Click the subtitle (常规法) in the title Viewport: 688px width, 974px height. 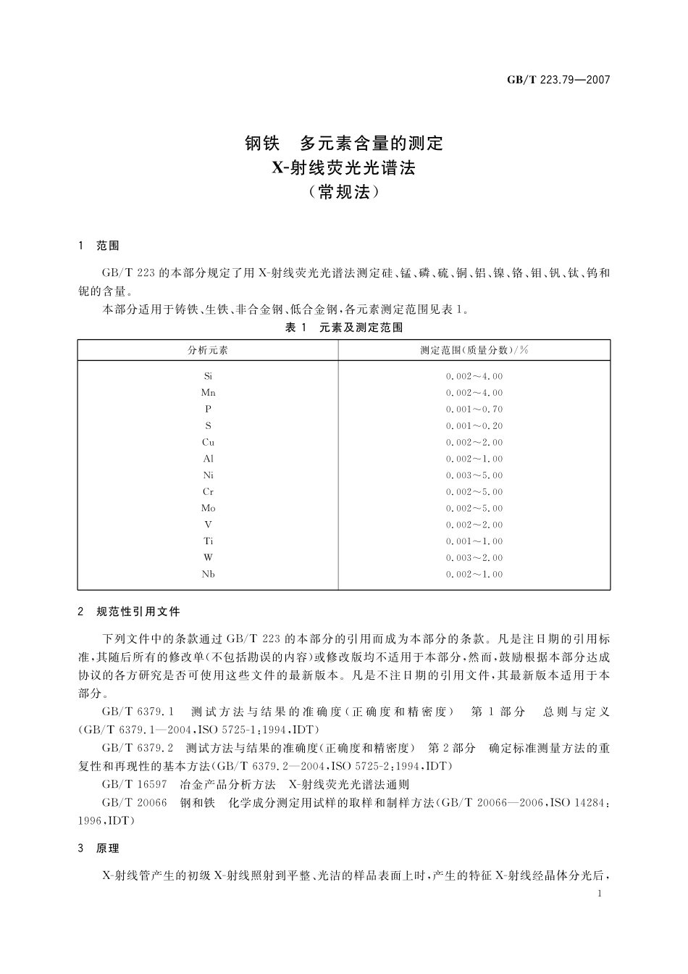344,193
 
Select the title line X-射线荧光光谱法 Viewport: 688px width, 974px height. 344,168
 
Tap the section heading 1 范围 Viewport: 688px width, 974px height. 98,246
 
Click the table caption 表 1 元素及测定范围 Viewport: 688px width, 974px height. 344,328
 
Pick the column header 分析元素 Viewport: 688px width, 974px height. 208,350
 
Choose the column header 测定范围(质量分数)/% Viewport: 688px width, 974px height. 474,350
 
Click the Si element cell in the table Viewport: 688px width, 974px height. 208,376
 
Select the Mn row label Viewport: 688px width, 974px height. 208,393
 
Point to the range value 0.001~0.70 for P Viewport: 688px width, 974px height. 474,409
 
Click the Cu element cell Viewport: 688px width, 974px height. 208,442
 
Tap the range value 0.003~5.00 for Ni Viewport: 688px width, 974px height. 474,475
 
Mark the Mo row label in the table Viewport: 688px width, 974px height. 208,508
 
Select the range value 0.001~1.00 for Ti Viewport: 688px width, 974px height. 474,541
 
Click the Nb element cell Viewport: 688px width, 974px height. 208,574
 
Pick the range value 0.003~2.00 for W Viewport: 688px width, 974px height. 474,558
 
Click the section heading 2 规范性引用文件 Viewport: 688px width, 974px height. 129,612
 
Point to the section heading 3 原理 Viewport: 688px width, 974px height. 98,849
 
